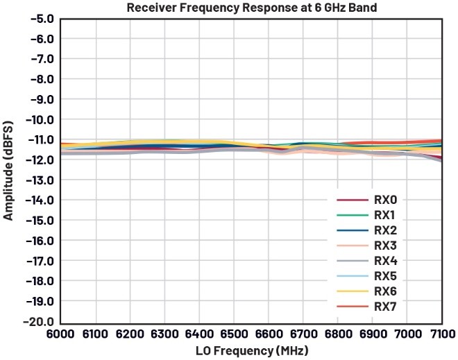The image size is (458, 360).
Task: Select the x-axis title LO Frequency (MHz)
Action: [251, 350]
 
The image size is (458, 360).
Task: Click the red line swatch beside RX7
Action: [352, 306]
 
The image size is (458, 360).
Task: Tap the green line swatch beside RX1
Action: [352, 215]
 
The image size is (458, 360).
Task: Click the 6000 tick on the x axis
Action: [61, 335]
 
